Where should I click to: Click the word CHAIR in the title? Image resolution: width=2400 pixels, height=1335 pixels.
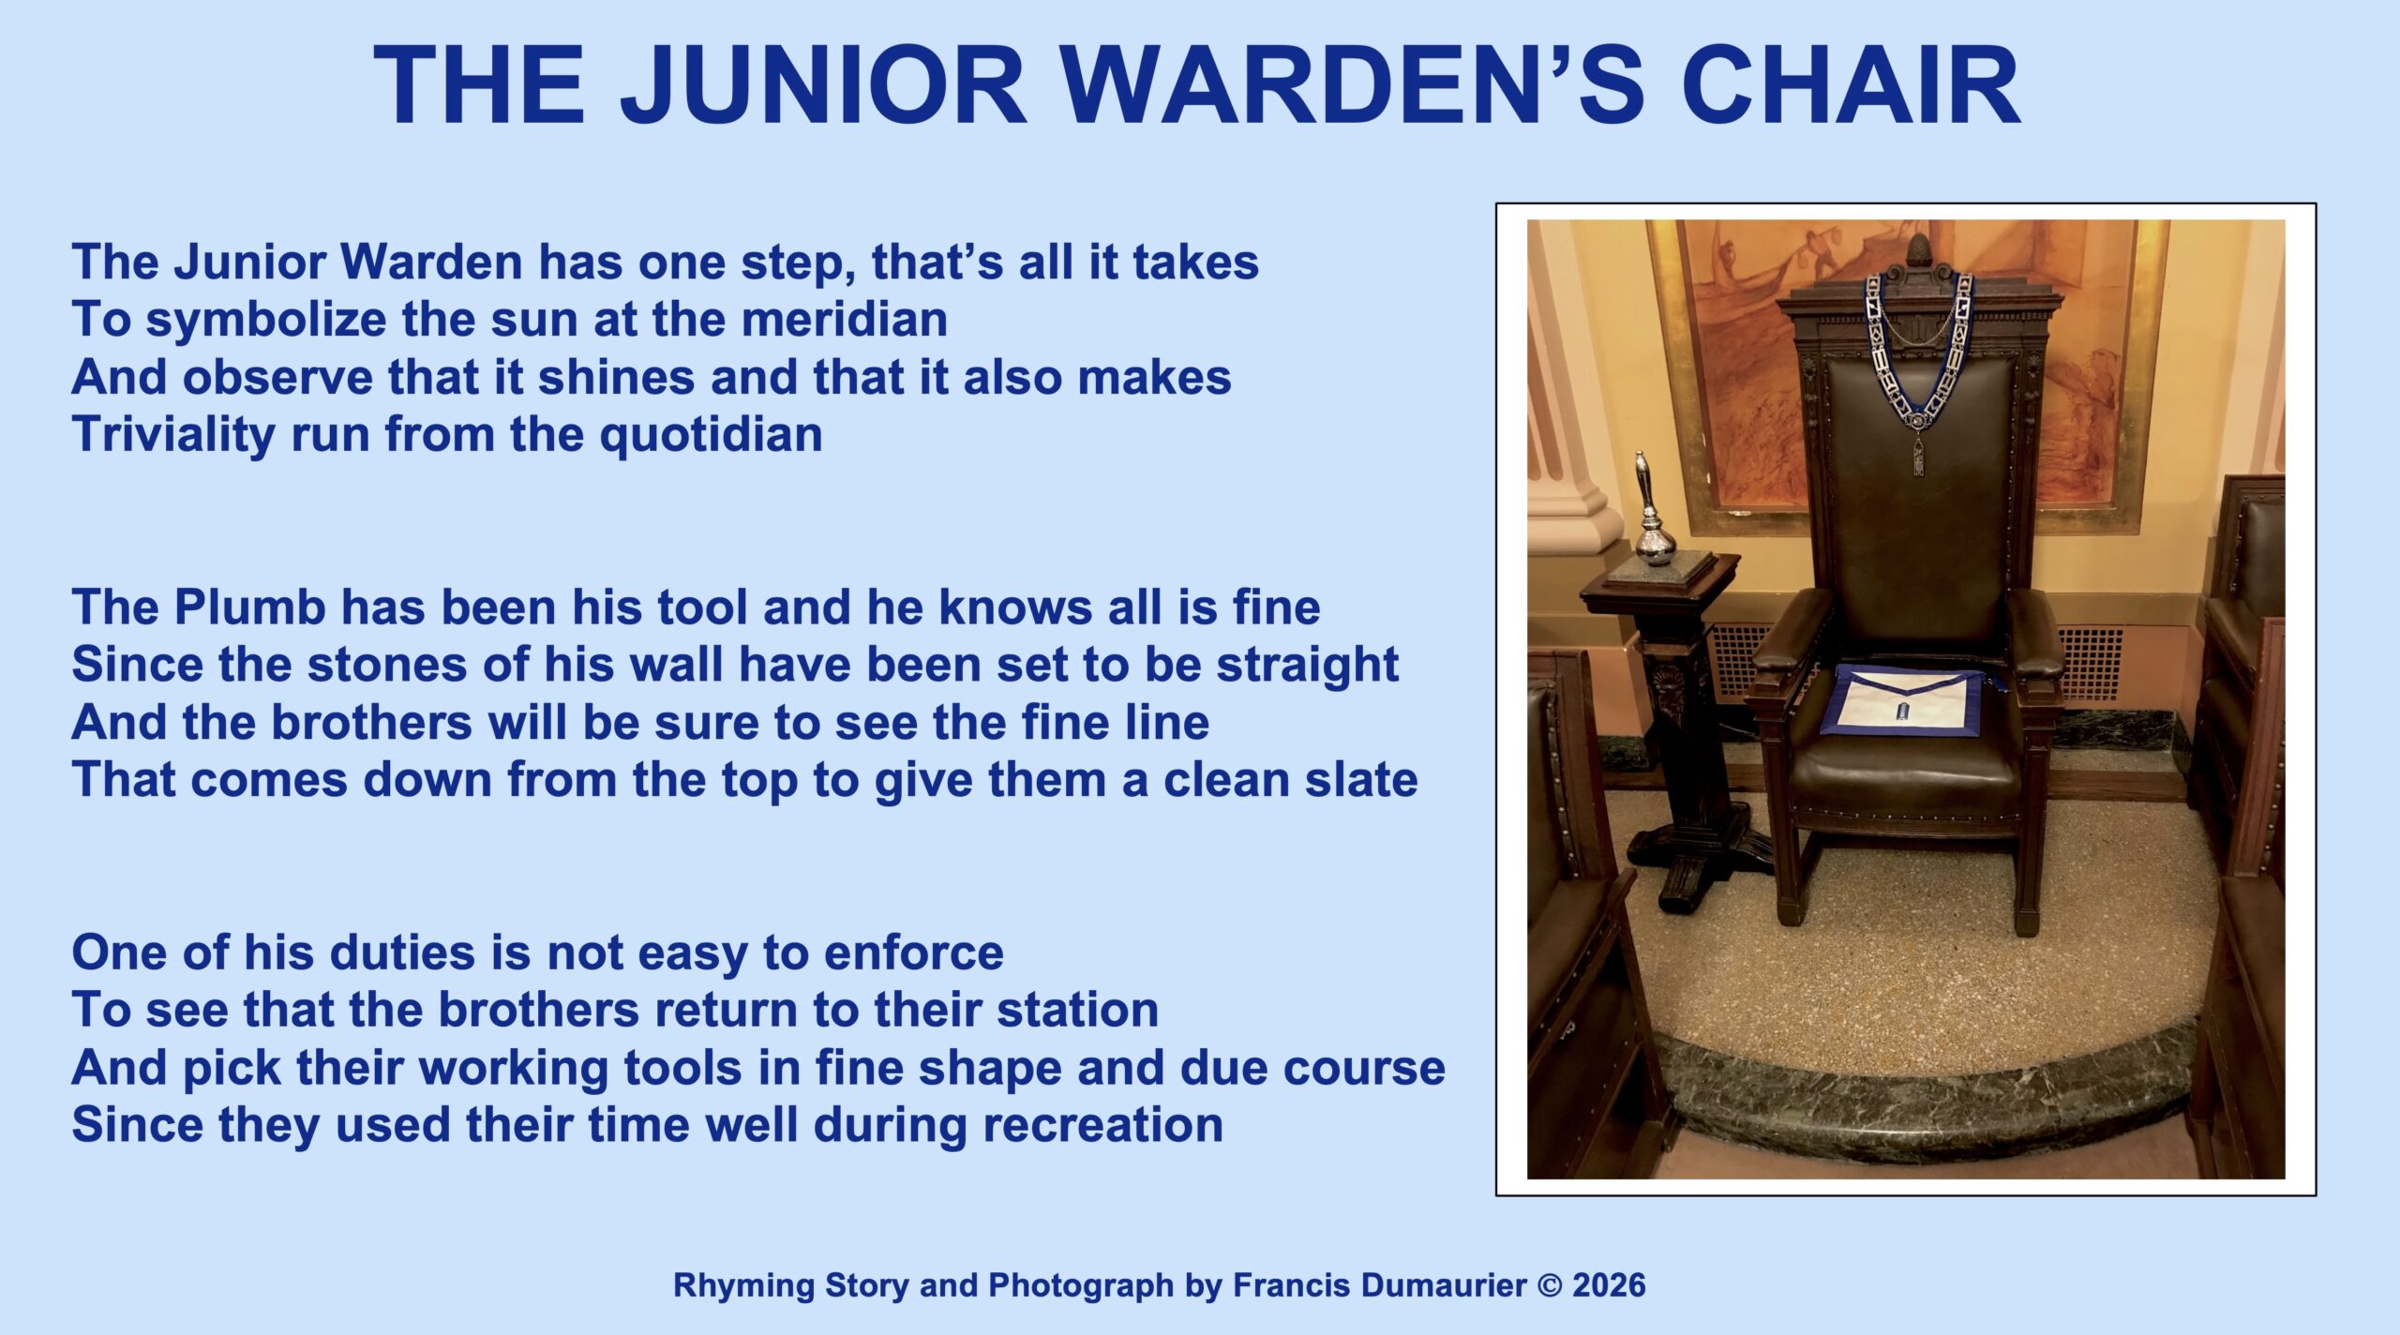click(x=1852, y=84)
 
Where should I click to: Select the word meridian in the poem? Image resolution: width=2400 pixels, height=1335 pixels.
click(x=844, y=319)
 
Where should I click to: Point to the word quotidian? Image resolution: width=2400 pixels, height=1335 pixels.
click(x=711, y=435)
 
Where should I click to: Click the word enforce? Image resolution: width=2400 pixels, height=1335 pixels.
click(x=913, y=953)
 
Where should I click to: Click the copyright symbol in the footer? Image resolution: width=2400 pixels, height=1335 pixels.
click(x=1550, y=1285)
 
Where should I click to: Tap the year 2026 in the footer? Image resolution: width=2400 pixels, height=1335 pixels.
click(x=1609, y=1285)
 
